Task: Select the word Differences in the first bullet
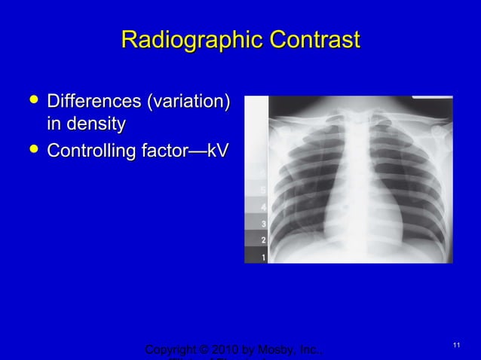click(93, 101)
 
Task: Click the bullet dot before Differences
click(31, 101)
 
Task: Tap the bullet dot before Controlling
click(31, 151)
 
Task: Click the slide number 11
click(456, 345)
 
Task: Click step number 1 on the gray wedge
click(262, 257)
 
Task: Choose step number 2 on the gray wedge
click(262, 239)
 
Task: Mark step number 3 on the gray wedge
click(262, 224)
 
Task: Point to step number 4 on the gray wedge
click(262, 206)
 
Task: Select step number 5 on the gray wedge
click(262, 189)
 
